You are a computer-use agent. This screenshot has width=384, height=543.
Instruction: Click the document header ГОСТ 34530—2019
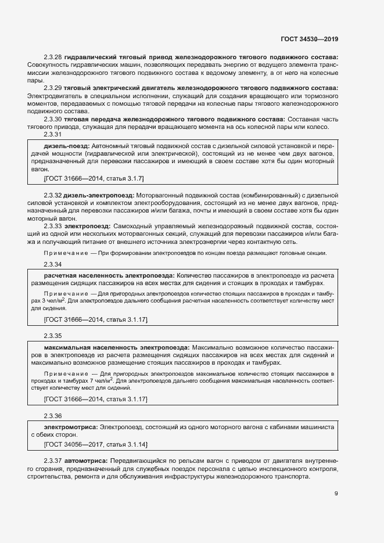(x=308, y=39)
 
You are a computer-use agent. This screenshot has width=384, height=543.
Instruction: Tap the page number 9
(x=336, y=494)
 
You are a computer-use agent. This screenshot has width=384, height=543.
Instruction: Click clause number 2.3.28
(x=53, y=57)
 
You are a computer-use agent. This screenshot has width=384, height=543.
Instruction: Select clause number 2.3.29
(x=53, y=88)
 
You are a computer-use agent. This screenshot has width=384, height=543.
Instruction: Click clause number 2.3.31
(x=53, y=134)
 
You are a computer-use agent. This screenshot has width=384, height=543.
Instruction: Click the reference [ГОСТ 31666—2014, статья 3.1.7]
(x=94, y=178)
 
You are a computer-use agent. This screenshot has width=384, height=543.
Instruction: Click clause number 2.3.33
(x=53, y=225)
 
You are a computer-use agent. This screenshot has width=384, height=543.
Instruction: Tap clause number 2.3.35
(x=53, y=336)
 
